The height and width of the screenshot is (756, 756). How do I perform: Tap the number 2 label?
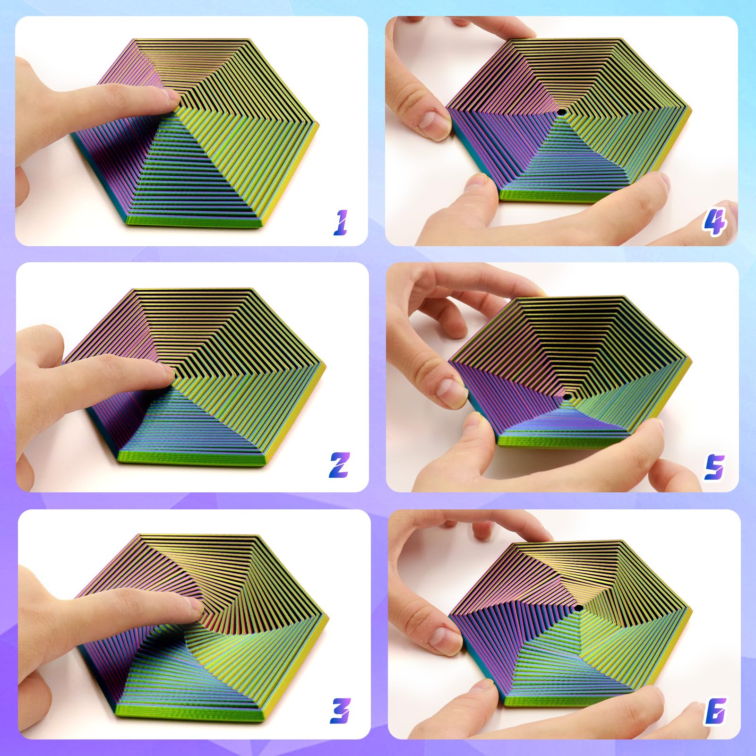pos(339,465)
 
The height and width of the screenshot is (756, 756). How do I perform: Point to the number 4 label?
pos(713,223)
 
